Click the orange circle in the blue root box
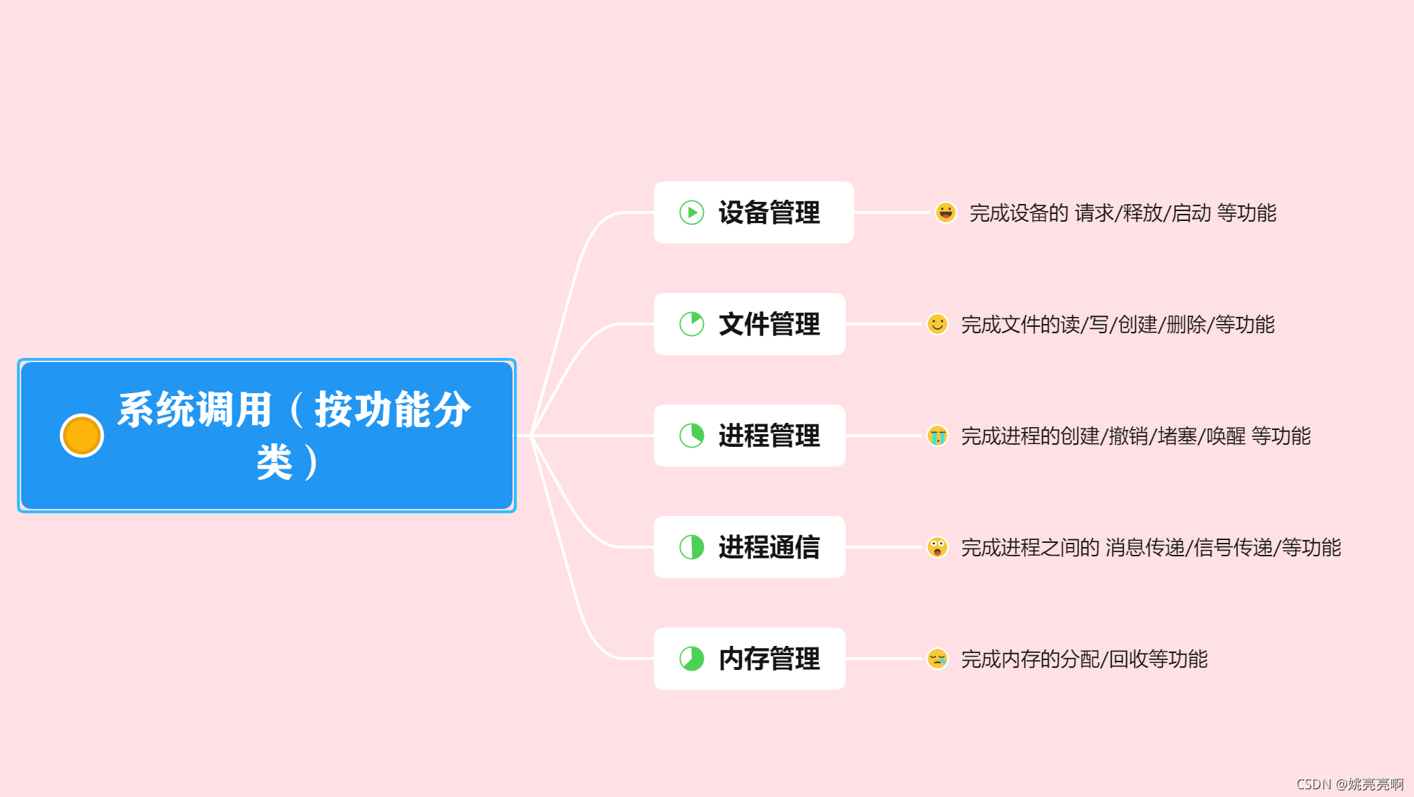(82, 436)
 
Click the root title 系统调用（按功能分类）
(294, 435)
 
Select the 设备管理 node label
(769, 212)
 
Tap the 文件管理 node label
(769, 324)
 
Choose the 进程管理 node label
(769, 436)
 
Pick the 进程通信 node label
(769, 547)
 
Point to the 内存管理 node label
(769, 659)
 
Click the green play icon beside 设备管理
(692, 212)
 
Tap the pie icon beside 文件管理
(692, 324)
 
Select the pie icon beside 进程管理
(692, 436)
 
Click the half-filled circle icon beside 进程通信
(692, 547)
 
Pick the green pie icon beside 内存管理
(692, 659)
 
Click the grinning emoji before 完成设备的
(945, 212)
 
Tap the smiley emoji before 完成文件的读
(937, 324)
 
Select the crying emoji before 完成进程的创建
(937, 436)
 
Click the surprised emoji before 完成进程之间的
(937, 547)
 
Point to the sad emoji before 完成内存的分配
(937, 659)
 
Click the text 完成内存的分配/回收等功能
(1084, 659)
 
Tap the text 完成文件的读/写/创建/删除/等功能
(1118, 324)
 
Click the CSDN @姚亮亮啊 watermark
(1350, 784)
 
